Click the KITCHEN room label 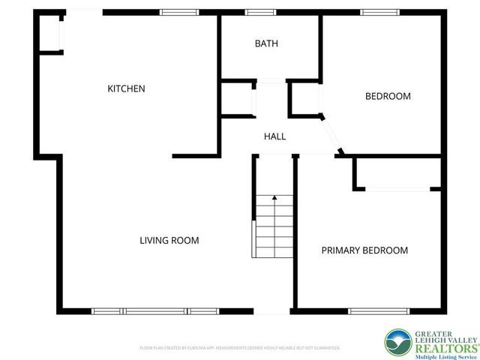click(126, 88)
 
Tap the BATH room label click(266, 43)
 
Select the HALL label click(274, 136)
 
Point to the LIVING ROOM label click(169, 241)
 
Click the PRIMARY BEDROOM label click(364, 250)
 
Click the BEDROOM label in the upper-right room click(388, 96)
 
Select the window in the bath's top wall click(260, 12)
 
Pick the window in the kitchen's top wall click(180, 12)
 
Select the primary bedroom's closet click(396, 174)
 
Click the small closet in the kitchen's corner click(51, 33)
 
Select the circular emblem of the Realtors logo click(397, 342)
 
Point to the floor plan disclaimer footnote click(240, 348)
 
